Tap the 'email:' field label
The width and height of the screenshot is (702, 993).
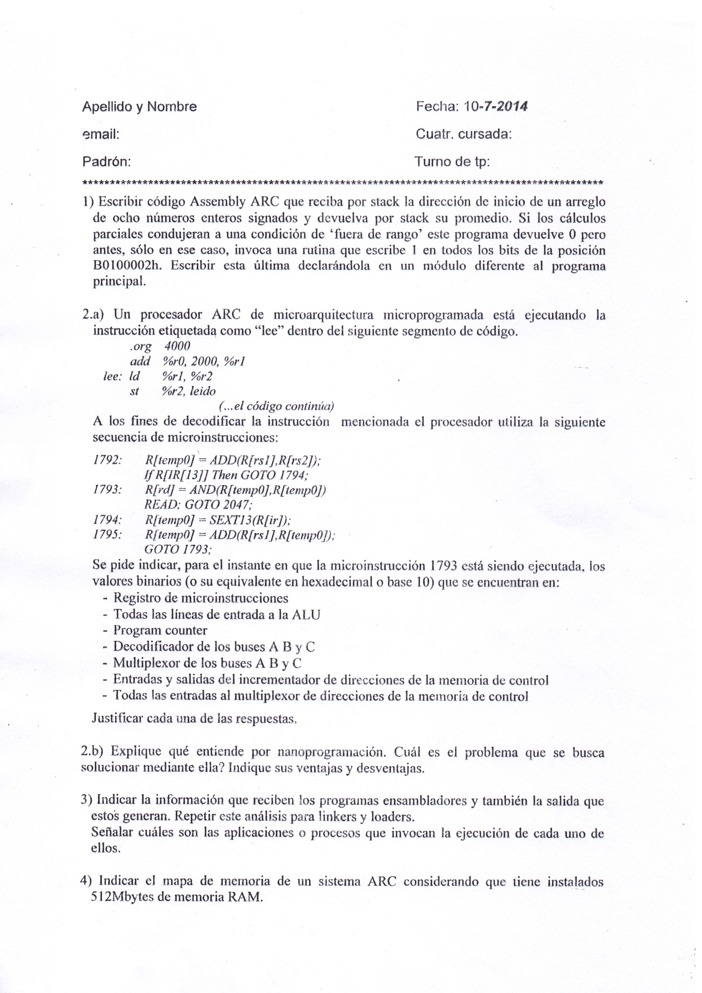(101, 134)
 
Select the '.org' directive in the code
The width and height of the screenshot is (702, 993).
(141, 346)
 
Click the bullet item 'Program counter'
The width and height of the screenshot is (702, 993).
(160, 630)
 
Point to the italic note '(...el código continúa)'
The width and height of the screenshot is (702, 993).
(276, 406)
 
